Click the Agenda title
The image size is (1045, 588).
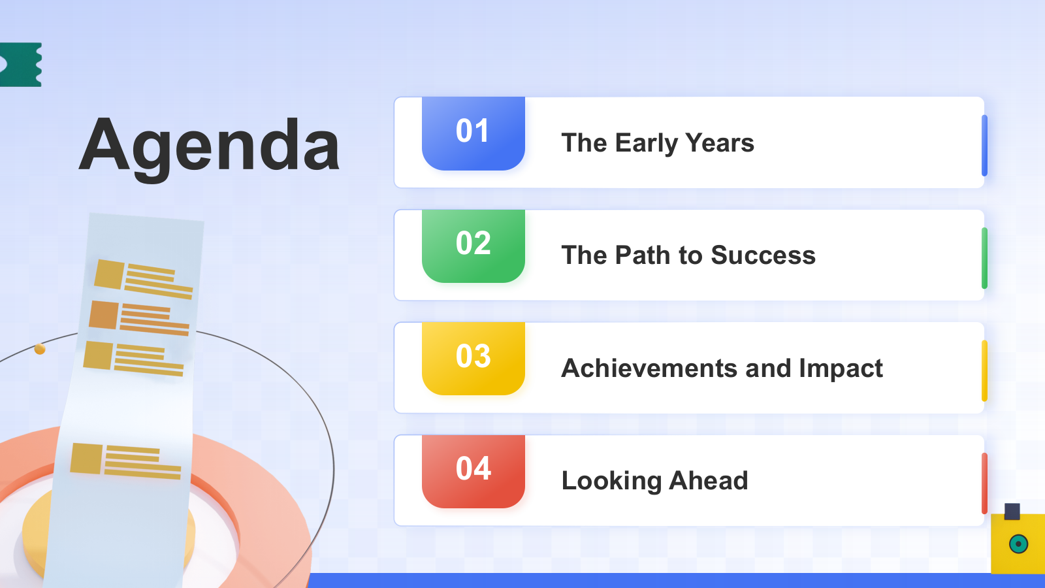210,148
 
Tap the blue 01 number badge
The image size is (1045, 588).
474,133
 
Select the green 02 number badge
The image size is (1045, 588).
474,246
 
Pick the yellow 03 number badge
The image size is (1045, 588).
474,359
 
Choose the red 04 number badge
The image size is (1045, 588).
474,471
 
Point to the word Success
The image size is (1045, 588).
764,255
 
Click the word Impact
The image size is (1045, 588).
841,368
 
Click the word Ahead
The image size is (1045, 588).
708,480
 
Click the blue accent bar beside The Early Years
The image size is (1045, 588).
984,146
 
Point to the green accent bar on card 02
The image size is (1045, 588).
984,258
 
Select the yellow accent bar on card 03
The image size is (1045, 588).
984,371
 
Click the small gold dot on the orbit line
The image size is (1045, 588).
40,349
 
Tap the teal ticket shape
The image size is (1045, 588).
20,65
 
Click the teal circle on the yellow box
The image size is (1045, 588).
1018,544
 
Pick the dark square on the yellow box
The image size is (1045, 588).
1012,512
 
